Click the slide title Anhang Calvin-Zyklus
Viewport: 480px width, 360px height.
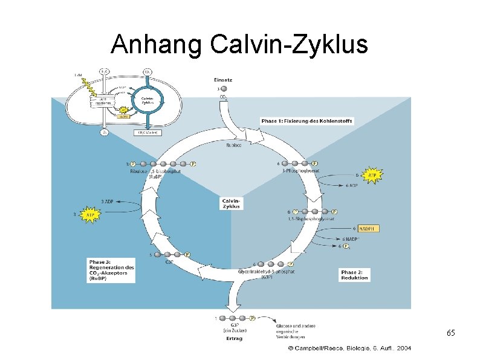click(239, 44)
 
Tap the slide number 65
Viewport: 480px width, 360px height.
click(450, 333)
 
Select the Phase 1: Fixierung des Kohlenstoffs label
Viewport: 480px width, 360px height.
click(306, 121)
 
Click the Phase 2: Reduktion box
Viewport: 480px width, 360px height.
click(354, 275)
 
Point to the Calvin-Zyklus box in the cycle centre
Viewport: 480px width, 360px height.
click(232, 203)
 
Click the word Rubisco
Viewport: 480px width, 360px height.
click(233, 145)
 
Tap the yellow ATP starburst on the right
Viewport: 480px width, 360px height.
click(372, 175)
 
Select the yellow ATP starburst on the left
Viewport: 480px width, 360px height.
click(90, 214)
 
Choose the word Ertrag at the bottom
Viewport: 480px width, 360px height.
click(234, 338)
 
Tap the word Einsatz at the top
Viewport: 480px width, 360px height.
click(222, 79)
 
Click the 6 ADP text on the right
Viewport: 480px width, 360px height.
click(352, 186)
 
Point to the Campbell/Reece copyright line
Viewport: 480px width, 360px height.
click(349, 349)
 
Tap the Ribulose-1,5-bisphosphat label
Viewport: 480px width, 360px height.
click(155, 174)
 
